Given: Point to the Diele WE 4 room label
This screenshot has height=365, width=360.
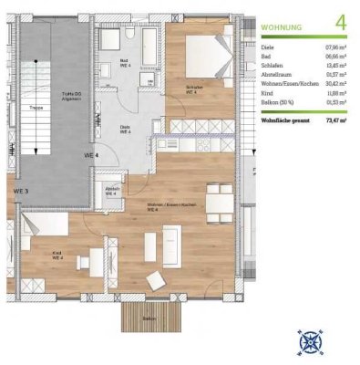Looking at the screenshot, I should tap(126, 130).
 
